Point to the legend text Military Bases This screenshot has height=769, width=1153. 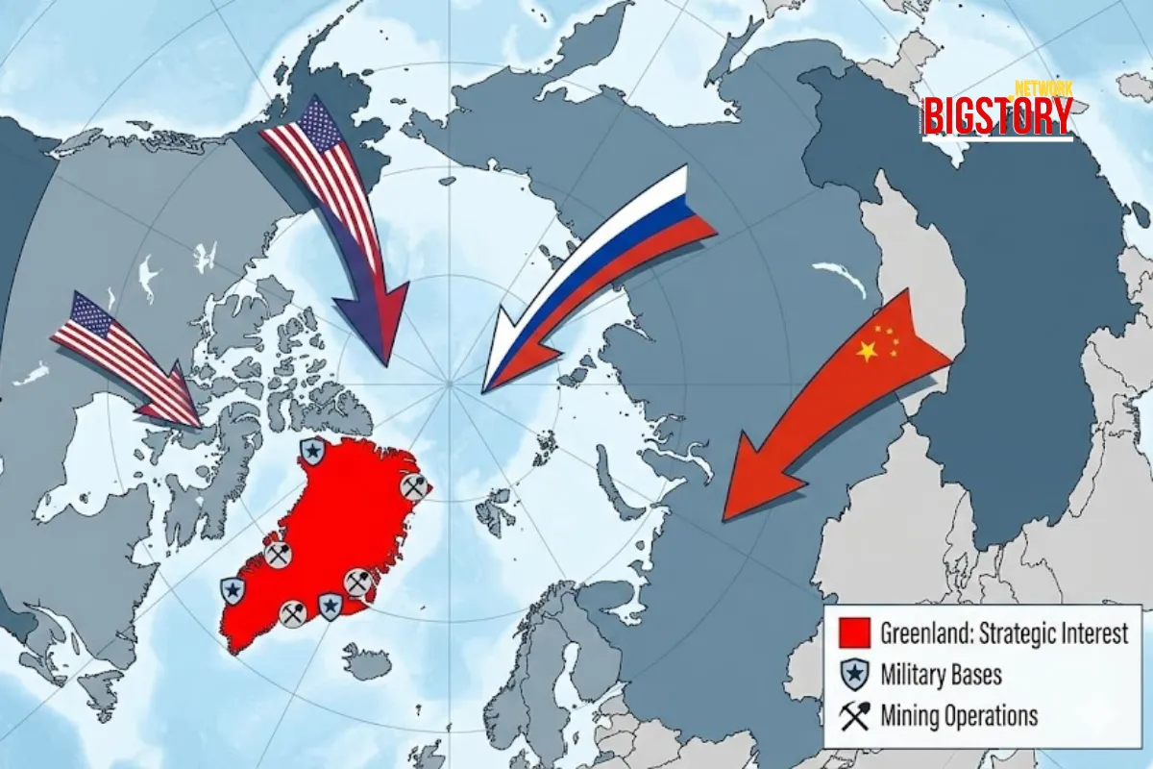coord(941,675)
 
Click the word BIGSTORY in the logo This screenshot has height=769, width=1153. coord(997,116)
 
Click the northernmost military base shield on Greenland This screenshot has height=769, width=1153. coord(310,450)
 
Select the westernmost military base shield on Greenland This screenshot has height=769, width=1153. coord(233,591)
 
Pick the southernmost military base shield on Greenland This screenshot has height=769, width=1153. coord(330,605)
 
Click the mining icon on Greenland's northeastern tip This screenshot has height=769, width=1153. coord(413,486)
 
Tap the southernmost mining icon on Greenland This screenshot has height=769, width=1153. coord(293,612)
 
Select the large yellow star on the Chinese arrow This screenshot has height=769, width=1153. coord(867,352)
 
